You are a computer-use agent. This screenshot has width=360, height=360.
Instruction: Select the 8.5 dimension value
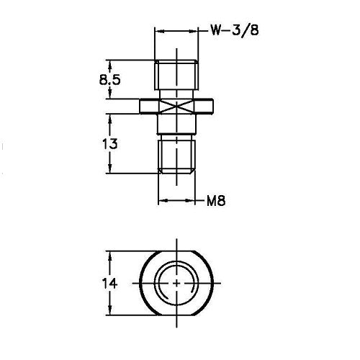(110, 80)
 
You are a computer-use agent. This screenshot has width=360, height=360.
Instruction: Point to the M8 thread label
(217, 202)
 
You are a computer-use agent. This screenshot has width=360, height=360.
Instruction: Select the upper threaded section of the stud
(177, 73)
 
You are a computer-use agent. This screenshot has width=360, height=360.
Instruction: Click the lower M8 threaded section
(177, 156)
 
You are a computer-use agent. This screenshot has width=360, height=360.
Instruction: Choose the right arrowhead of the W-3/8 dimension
(196, 31)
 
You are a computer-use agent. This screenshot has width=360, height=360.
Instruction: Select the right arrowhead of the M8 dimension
(194, 202)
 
